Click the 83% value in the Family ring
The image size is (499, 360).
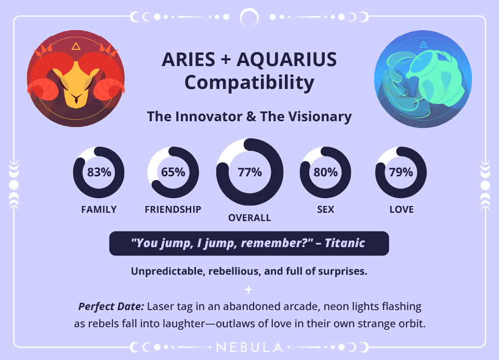point(99,173)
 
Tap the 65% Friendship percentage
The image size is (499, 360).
point(173,173)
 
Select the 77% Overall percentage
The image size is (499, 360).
point(249,173)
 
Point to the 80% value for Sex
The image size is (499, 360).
point(325,173)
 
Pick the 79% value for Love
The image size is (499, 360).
point(401,173)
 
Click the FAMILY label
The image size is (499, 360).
point(99,210)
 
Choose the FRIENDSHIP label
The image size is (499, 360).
point(173,210)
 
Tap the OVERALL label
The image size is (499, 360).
point(249,218)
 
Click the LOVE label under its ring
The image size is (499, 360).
point(401,210)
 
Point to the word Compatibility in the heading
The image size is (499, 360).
point(249,83)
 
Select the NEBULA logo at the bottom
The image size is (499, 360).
point(249,347)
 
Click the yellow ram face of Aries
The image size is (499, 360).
point(76,83)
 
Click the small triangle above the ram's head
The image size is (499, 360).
point(76,46)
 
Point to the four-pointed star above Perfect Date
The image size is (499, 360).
point(249,289)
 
